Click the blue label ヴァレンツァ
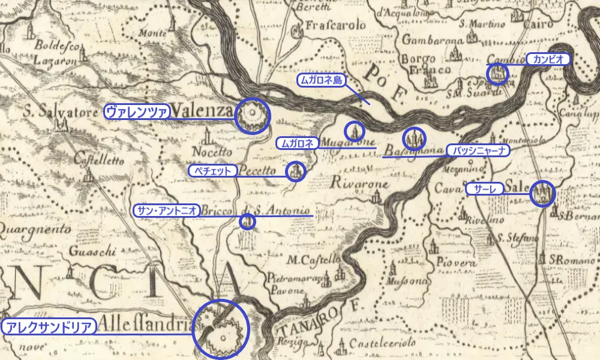click(137, 111)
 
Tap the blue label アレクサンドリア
click(49, 327)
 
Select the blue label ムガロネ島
click(322, 80)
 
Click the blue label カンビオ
click(547, 59)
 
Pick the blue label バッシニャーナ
click(478, 150)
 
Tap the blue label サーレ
click(485, 189)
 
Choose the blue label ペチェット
click(212, 171)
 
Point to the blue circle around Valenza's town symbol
click(252, 115)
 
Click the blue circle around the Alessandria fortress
click(221, 329)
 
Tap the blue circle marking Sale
click(543, 193)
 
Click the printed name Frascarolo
click(335, 26)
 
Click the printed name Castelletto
click(99, 160)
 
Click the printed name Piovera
click(457, 263)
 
